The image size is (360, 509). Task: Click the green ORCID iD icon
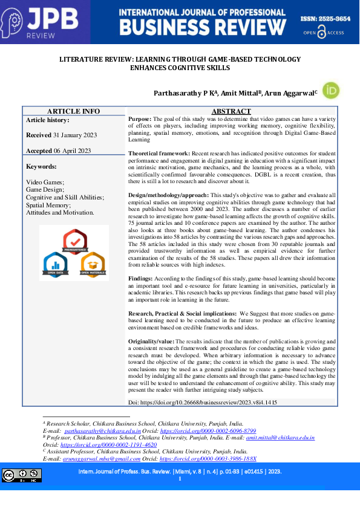click(331, 90)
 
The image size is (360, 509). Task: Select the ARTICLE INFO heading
click(74, 111)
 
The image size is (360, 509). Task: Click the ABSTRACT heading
click(231, 111)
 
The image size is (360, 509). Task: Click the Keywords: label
click(42, 166)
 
